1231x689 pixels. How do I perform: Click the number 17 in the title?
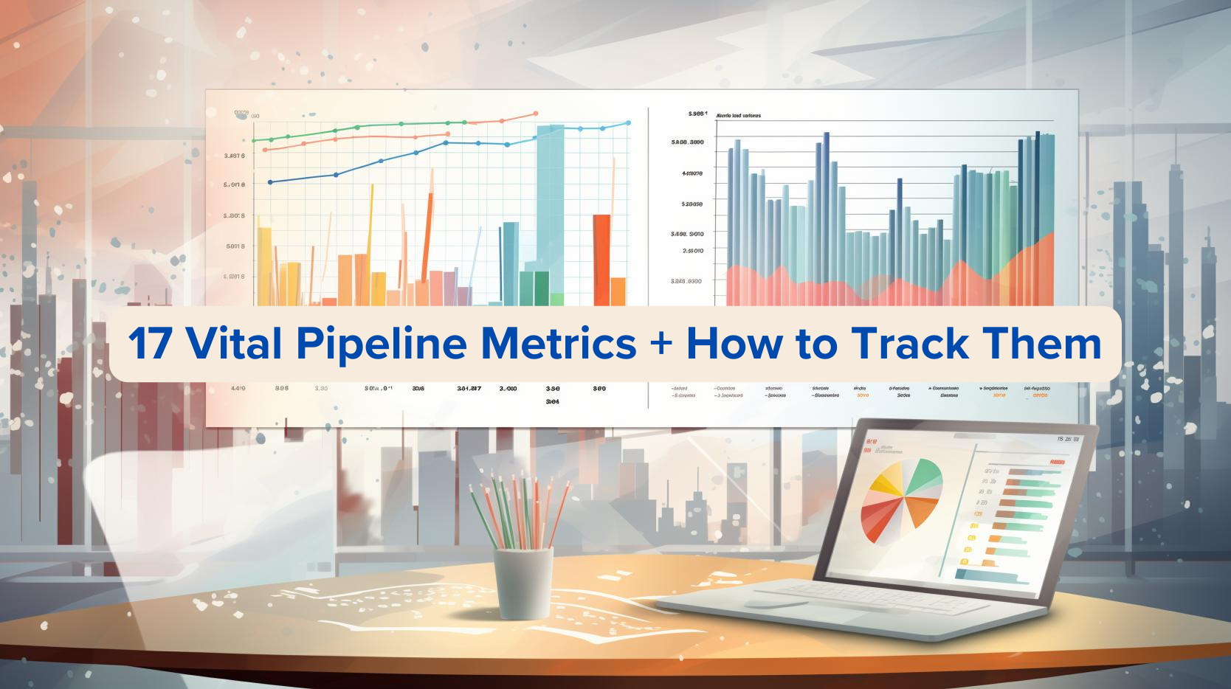(x=151, y=344)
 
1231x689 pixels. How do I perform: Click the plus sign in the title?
(x=661, y=344)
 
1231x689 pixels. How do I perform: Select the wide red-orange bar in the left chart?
(x=601, y=258)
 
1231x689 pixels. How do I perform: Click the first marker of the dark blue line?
(x=270, y=181)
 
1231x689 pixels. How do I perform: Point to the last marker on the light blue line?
(x=628, y=122)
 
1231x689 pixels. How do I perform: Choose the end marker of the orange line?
(x=535, y=114)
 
